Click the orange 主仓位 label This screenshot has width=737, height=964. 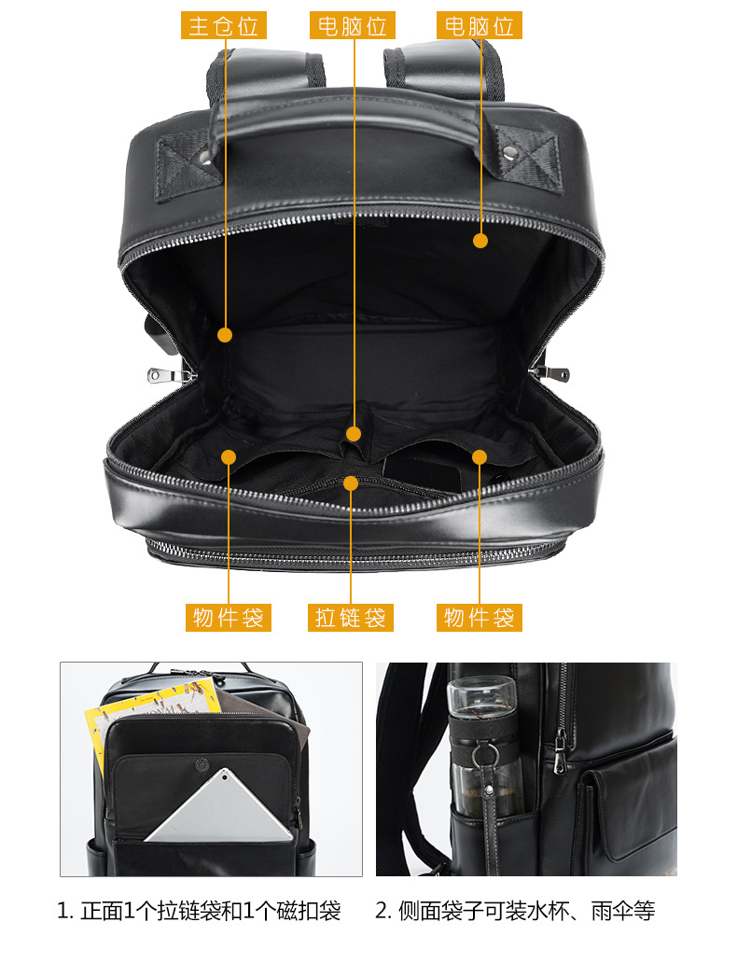223,26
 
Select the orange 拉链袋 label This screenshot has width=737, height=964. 351,617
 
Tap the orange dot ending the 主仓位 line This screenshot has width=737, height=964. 225,335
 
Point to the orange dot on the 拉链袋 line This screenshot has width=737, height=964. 351,483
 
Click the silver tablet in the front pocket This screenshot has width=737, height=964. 220,807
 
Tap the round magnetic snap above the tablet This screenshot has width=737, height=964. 202,765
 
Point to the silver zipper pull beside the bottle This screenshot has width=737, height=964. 560,752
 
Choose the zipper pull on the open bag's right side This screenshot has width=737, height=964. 550,372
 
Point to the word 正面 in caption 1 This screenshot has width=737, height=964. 102,911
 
